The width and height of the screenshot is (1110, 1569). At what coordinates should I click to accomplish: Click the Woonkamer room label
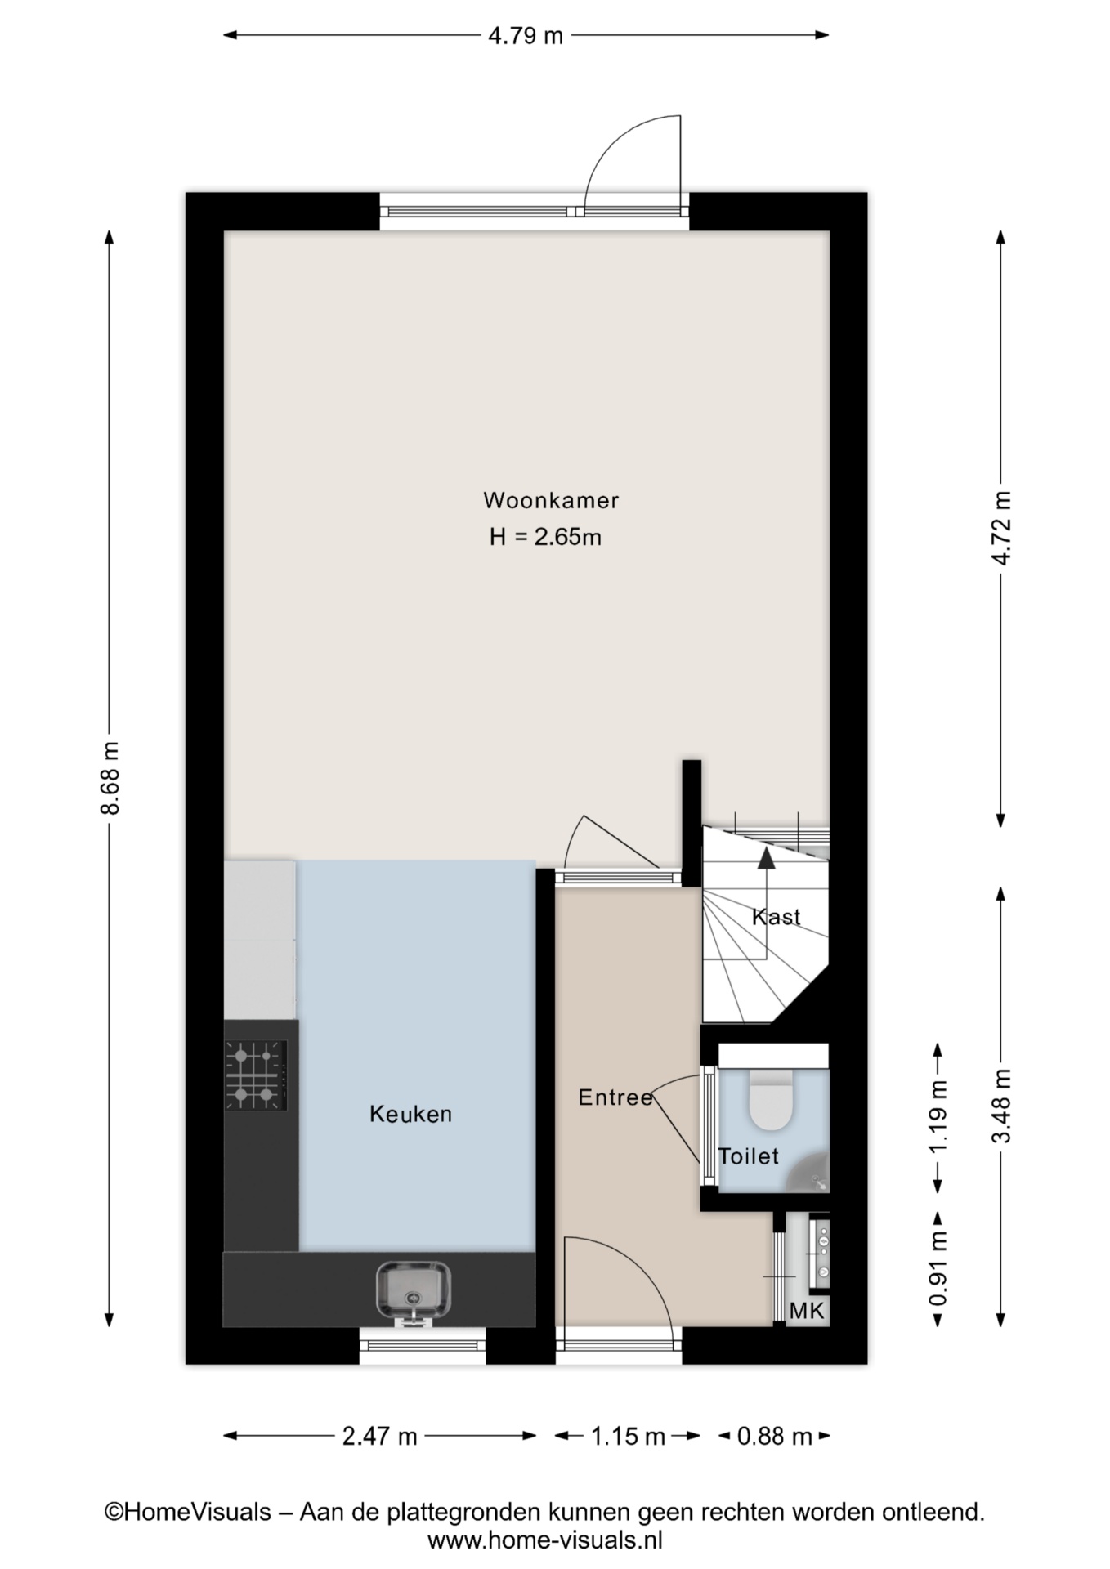[551, 500]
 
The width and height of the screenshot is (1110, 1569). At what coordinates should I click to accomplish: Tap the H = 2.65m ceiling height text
[545, 537]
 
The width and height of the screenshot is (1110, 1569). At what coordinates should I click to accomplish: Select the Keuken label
[410, 1114]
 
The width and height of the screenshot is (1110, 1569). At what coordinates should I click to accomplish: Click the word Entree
[615, 1097]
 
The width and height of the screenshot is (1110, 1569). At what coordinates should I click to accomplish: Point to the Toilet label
[749, 1156]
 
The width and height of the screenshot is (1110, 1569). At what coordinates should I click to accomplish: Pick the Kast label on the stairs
[776, 917]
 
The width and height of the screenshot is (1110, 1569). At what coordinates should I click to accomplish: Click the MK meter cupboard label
[807, 1312]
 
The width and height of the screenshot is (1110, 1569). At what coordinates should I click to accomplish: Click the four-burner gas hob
[256, 1075]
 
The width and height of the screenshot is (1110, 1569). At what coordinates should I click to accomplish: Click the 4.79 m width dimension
[526, 36]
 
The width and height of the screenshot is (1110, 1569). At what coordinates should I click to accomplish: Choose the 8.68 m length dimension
[110, 778]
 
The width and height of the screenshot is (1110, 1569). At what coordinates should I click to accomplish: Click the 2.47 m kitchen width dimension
[380, 1436]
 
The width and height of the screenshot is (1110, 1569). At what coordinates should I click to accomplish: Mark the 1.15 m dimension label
[628, 1436]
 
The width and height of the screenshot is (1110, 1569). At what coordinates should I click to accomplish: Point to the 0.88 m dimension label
[775, 1436]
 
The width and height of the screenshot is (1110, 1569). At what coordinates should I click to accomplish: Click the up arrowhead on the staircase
[766, 857]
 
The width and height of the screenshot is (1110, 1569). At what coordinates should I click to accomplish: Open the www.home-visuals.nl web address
[545, 1541]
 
